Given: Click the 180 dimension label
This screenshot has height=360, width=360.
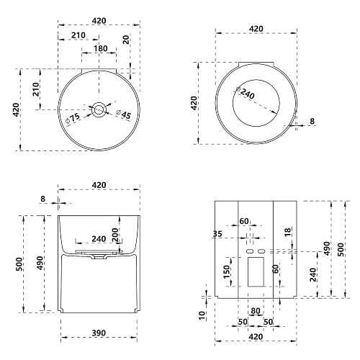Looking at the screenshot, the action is (x=101, y=48).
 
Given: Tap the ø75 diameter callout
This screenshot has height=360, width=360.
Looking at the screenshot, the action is (x=73, y=118).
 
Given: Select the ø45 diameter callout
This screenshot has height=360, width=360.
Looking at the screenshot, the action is (x=124, y=114).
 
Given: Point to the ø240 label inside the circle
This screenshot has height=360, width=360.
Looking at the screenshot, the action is (x=246, y=93).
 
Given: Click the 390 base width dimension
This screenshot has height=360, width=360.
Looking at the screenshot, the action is (x=99, y=333).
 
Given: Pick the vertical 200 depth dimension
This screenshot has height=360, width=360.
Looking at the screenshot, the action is (x=115, y=235).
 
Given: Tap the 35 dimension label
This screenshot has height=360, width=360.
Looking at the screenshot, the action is (x=217, y=234).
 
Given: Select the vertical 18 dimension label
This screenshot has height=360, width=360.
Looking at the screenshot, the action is (x=287, y=232).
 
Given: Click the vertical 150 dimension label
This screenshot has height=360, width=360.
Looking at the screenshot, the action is (x=227, y=272).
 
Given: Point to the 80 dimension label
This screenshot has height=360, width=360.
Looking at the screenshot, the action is (x=256, y=311).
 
